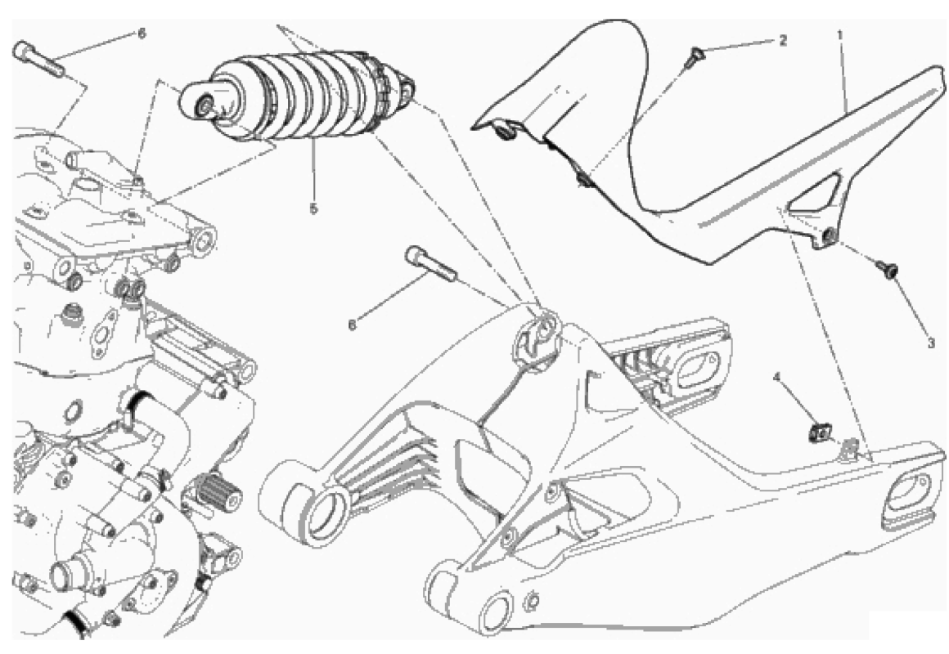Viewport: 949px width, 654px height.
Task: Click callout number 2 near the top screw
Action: point(783,41)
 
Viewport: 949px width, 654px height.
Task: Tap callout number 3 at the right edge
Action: point(931,343)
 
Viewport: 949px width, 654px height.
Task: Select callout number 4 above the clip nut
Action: point(777,379)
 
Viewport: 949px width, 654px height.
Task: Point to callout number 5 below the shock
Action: point(313,208)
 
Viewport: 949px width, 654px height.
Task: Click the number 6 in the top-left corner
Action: point(142,34)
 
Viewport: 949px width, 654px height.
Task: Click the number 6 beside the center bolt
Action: point(353,325)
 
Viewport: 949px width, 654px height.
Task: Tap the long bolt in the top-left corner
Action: point(38,58)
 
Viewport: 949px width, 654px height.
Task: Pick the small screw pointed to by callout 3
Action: point(888,270)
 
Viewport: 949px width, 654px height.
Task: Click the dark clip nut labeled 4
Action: point(820,432)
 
